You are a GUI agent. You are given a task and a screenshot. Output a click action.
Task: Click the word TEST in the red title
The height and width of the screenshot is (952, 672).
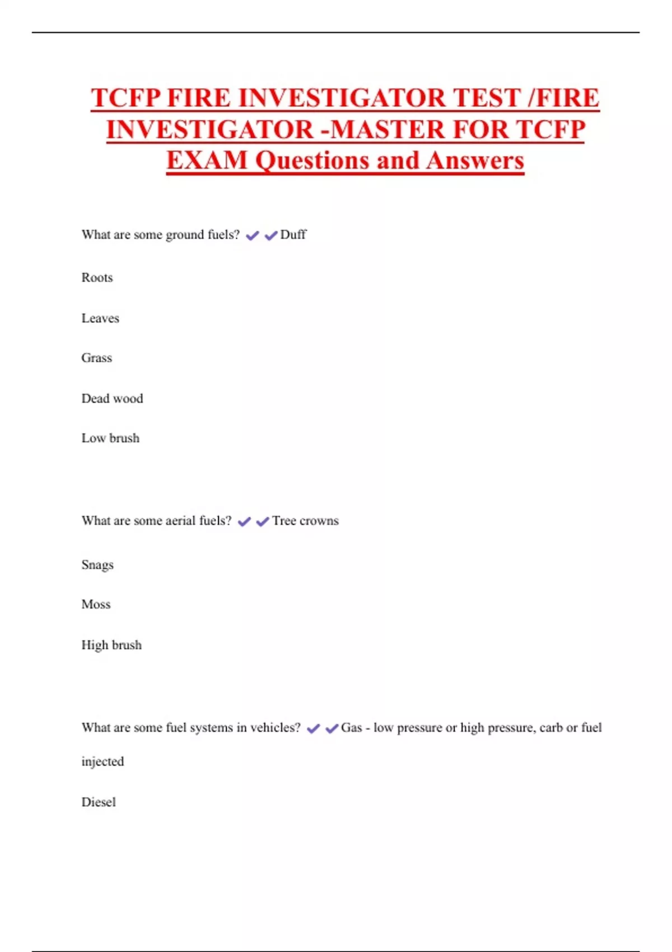tap(487, 98)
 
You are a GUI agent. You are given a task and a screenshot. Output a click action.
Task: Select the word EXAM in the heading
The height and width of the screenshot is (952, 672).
tap(207, 161)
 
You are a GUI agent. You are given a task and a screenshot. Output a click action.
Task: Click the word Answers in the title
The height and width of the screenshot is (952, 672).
tap(475, 161)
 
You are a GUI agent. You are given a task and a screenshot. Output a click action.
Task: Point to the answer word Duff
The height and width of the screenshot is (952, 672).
tap(293, 235)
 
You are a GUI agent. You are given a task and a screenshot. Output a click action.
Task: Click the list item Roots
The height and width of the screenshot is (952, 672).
tap(97, 278)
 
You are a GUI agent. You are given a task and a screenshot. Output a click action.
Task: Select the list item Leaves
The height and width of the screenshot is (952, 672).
tap(100, 319)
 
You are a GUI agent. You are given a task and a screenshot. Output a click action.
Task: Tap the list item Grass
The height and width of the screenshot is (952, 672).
tap(96, 358)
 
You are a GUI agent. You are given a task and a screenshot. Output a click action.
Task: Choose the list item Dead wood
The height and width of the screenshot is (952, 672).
tap(112, 399)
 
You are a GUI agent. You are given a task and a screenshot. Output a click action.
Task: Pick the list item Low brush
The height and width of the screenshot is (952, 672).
tap(110, 438)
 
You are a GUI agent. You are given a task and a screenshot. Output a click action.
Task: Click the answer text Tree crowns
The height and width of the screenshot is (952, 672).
tap(305, 521)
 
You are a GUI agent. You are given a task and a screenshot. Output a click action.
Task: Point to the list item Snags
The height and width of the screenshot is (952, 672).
tap(97, 564)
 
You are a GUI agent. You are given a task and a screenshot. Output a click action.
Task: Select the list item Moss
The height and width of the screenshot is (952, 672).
tap(96, 604)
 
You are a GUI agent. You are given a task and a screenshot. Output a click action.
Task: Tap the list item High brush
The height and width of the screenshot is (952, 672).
tap(111, 645)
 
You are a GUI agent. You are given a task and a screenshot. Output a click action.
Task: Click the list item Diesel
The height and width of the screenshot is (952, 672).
tap(99, 802)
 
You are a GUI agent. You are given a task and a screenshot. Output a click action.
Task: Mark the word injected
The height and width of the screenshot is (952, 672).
tap(102, 762)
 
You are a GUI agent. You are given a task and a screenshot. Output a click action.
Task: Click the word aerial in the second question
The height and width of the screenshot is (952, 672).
tap(180, 521)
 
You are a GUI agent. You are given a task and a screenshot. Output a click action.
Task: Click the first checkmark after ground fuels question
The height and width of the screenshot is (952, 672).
tap(253, 236)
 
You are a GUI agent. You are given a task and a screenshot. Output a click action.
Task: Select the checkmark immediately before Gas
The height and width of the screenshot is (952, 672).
tap(332, 729)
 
